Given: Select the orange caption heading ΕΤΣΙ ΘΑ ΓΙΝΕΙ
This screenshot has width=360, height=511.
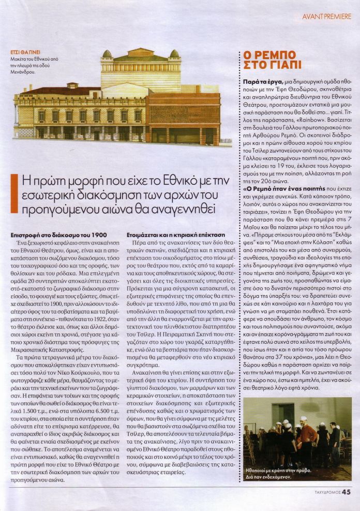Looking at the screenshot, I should pyautogui.click(x=26, y=52).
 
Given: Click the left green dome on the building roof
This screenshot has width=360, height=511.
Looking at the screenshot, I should pyautogui.click(x=107, y=54).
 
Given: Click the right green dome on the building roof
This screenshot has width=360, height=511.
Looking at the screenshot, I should pyautogui.click(x=175, y=54).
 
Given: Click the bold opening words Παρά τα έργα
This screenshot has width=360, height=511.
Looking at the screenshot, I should pyautogui.click(x=261, y=82).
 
